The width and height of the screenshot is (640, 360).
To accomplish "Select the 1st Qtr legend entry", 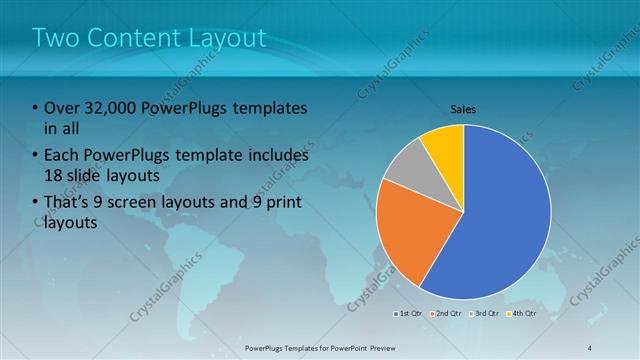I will (408, 313).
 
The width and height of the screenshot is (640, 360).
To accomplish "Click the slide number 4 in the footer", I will (590, 348).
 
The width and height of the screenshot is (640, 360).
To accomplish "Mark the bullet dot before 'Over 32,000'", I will (36, 108).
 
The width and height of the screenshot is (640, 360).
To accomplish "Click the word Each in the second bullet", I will (63, 156).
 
